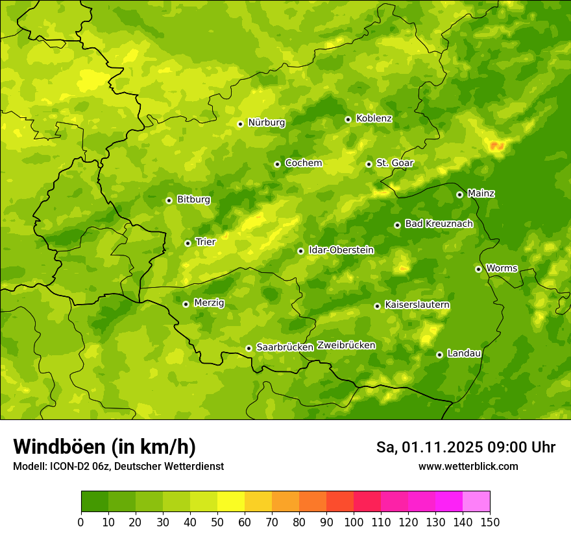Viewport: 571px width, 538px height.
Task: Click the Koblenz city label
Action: coord(374,119)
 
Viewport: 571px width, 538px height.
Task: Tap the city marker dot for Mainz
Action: coord(459,194)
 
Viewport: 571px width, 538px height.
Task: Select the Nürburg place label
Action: coord(266,123)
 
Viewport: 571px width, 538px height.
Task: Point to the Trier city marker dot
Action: coord(188,243)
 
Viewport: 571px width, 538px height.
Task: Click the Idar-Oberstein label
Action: coord(341,250)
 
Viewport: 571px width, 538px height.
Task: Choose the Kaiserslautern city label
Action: coord(417,305)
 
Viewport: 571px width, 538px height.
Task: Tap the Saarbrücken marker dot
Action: coord(249,348)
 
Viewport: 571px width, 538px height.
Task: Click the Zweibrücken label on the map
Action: coord(346,345)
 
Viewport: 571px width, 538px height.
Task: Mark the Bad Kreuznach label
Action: coord(439,224)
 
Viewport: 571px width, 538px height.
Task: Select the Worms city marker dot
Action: coord(478,269)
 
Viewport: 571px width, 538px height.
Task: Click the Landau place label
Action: coord(464,353)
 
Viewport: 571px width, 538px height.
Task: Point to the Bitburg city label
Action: coord(193,200)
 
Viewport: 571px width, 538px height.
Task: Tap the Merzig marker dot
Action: coord(186,304)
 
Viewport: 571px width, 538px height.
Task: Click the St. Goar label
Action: coord(395,163)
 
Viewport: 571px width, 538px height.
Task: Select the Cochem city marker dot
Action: coord(277,164)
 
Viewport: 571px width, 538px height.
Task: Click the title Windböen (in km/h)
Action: coord(104,447)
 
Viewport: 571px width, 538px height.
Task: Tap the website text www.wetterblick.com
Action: coord(468,466)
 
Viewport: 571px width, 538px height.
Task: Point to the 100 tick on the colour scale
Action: coord(354,522)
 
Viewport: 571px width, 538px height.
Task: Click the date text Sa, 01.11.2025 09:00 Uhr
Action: coord(465,447)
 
